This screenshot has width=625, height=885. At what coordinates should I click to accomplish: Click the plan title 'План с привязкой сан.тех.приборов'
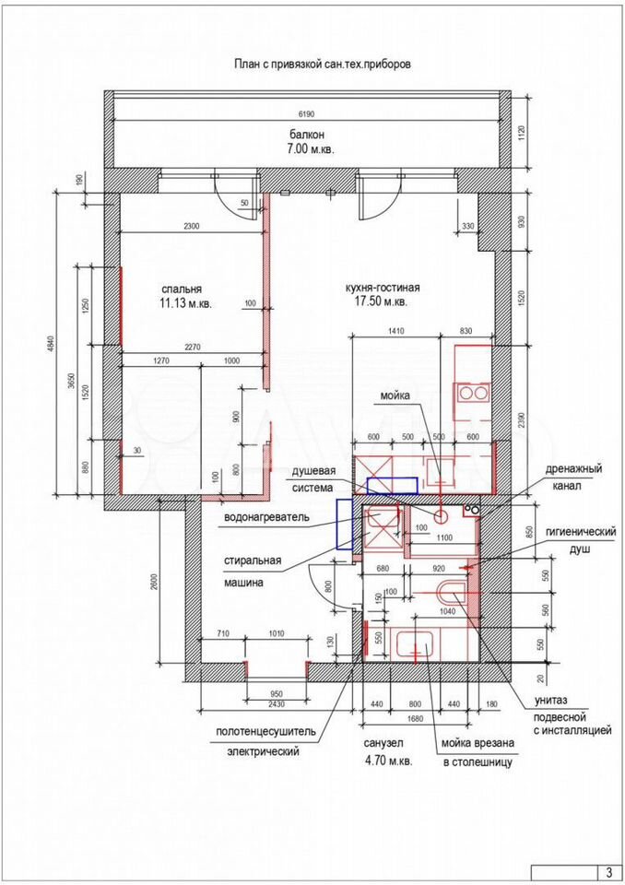(x=323, y=64)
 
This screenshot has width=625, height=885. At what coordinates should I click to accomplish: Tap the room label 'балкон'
(x=307, y=135)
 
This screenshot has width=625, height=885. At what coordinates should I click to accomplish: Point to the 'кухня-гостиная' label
(x=383, y=288)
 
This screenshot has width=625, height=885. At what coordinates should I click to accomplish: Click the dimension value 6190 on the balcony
(x=306, y=114)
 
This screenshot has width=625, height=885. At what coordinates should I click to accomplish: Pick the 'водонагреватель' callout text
(x=266, y=517)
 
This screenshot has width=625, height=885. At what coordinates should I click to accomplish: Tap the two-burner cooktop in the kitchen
(x=473, y=393)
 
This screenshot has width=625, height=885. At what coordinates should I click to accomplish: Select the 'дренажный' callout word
(x=573, y=468)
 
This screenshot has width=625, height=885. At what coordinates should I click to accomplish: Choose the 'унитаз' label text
(x=550, y=701)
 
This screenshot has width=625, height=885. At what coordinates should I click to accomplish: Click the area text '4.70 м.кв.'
(x=389, y=761)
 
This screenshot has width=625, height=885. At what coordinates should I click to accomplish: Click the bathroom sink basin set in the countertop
(x=415, y=644)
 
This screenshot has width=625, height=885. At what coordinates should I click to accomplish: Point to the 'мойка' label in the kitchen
(x=395, y=395)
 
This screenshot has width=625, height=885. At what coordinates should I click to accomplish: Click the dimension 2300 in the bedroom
(x=192, y=227)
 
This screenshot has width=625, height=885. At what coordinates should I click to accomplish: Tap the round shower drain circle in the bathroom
(x=441, y=515)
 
